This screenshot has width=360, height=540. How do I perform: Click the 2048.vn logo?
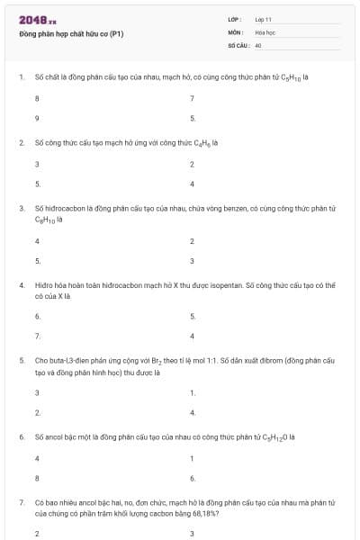coord(37,20)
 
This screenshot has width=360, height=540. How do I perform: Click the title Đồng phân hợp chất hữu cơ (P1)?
coord(71,34)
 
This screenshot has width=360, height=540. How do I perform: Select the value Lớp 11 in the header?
coord(264,19)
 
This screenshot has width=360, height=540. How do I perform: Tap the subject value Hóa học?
coord(265,31)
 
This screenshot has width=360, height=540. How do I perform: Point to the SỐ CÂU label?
coord(238,43)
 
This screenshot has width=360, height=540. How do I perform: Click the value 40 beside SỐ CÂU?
coord(258,43)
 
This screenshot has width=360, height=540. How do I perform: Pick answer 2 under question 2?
coord(192,164)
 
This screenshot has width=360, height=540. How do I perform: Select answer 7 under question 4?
coord(37,336)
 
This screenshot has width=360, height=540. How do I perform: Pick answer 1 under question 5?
coord(193,392)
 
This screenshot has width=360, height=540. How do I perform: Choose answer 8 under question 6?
coord(37,478)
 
